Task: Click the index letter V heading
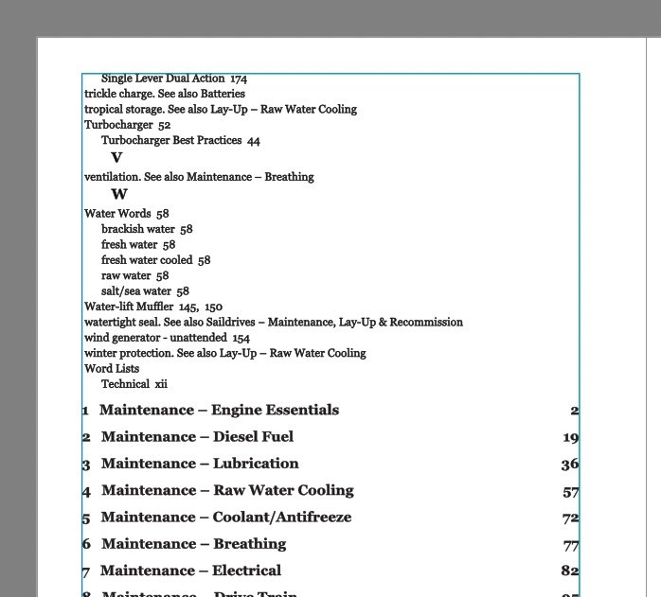pos(116,158)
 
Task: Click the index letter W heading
pos(119,195)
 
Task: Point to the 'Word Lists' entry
pos(112,369)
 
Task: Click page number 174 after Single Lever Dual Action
pos(239,79)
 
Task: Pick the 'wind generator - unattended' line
pos(167,338)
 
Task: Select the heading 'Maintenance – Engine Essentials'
pos(219,411)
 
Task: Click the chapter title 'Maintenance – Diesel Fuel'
pos(197,437)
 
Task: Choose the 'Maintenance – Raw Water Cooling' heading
pos(227,490)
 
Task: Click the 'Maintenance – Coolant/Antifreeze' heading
pos(226,518)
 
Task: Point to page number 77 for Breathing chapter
pos(570,545)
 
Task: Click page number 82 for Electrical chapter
pos(569,571)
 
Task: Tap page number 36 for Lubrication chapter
pos(569,465)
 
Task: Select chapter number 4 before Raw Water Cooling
pos(86,492)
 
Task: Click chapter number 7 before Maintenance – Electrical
pos(86,572)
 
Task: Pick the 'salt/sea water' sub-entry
pos(145,291)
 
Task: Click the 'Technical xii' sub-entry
pos(134,384)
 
